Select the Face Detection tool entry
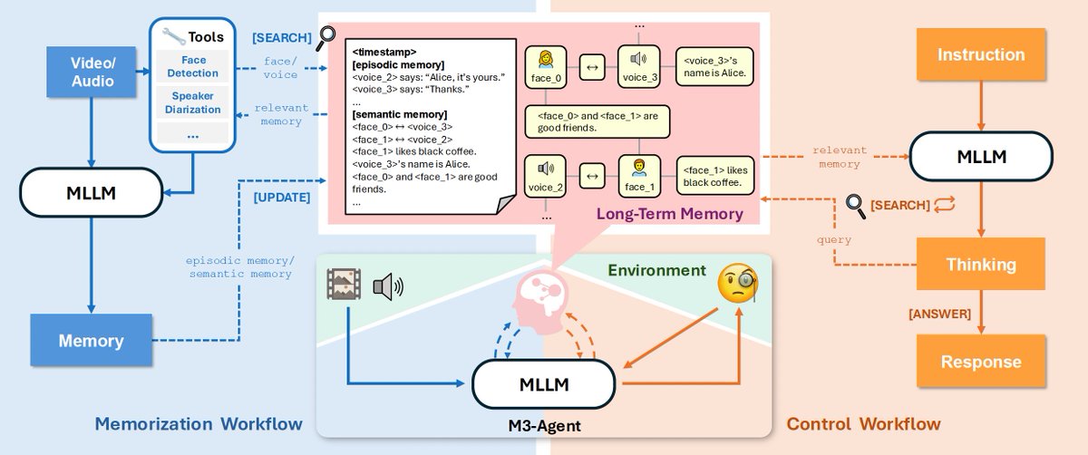coord(193,65)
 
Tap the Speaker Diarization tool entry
coord(193,102)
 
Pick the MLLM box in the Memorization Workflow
coord(91,193)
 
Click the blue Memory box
coord(91,341)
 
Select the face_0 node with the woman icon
coord(547,67)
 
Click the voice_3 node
coord(639,67)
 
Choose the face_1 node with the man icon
coord(638,175)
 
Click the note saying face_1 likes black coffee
coord(715,176)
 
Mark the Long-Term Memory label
coord(669,215)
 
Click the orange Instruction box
coord(981,54)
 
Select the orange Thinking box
coord(981,265)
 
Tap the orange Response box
coord(981,362)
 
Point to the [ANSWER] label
coord(940,314)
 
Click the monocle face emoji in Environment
coord(736,284)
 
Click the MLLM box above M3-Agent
coord(544,384)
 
